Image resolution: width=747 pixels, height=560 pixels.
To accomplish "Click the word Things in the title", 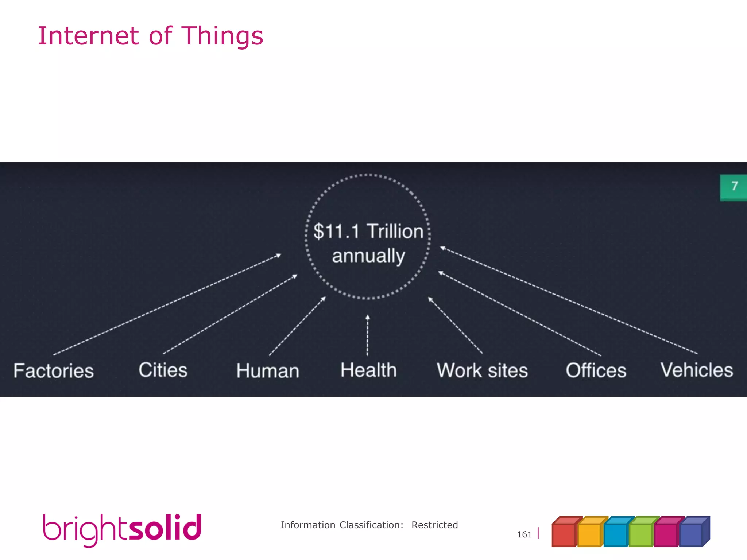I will (x=222, y=36).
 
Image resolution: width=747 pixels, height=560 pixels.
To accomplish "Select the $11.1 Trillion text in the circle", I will (x=368, y=231).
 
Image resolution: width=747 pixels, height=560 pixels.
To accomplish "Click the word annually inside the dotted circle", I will (x=368, y=256).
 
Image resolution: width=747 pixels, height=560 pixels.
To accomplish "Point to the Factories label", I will (x=54, y=371).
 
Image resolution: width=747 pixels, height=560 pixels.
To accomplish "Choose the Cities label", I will (x=163, y=370).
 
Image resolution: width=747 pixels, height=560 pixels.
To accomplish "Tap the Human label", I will (x=268, y=371).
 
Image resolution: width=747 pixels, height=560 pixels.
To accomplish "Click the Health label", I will (x=368, y=370).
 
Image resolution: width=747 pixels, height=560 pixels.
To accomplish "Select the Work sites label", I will (x=482, y=370).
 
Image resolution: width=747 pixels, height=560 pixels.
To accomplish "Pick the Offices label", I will (x=596, y=370).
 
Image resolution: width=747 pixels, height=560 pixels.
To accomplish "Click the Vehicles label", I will (x=697, y=370).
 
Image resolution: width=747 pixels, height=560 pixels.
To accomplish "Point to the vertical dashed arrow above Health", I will (x=368, y=335).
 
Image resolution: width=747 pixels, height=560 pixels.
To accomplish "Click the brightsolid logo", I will (x=122, y=529).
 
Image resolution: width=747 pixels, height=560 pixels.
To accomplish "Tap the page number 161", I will (x=524, y=534).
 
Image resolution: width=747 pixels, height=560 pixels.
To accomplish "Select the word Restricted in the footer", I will (x=434, y=525).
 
